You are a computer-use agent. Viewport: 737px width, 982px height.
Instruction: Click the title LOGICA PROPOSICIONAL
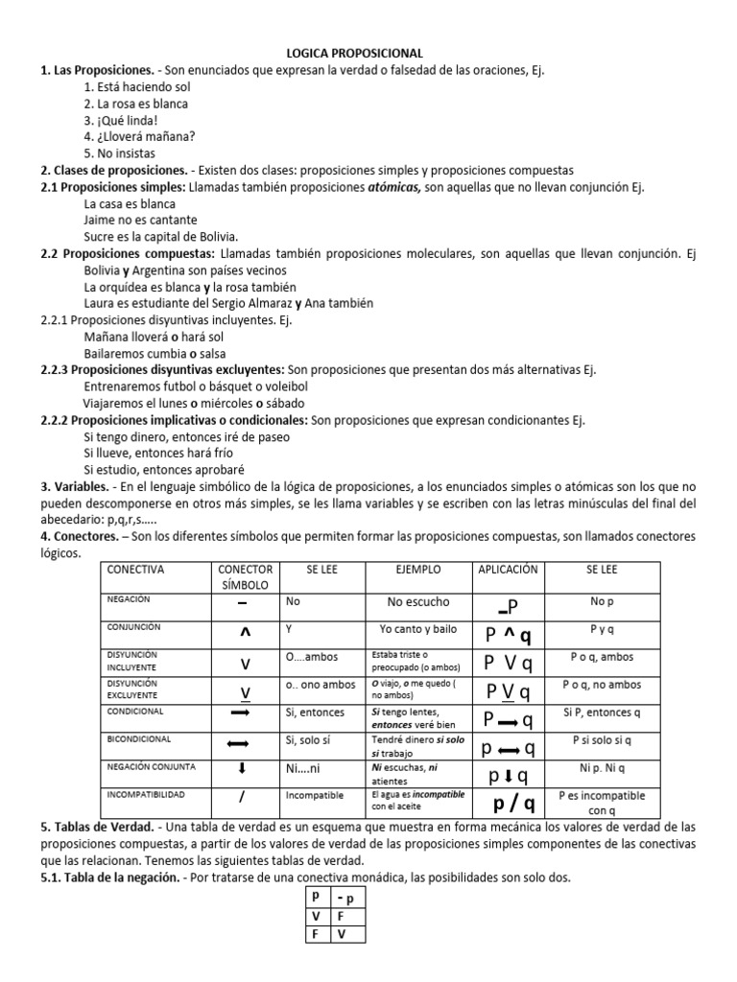[368, 54]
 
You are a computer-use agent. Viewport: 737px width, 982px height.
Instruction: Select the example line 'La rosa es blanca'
[135, 104]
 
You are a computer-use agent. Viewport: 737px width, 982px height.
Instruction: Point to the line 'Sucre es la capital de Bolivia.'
[161, 236]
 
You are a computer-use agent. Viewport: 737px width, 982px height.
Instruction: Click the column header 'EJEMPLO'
[418, 570]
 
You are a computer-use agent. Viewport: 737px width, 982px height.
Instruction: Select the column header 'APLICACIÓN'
[510, 570]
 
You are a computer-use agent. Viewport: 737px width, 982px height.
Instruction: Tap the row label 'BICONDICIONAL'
[139, 740]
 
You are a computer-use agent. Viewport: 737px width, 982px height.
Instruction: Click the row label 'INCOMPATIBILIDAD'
[146, 796]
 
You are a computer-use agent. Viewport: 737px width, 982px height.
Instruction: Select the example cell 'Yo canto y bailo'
[418, 629]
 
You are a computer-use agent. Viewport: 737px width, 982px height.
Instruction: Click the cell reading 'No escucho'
[418, 602]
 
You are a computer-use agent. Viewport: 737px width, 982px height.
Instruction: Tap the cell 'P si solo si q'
[602, 740]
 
